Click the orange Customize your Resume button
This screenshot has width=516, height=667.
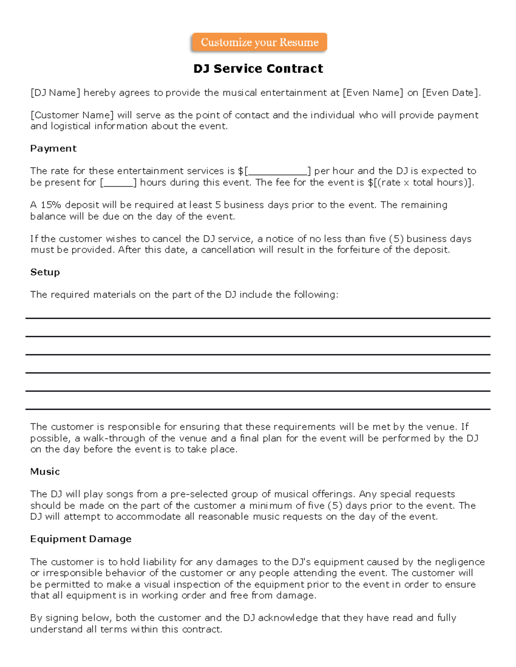259,42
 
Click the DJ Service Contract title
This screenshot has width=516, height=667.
258,69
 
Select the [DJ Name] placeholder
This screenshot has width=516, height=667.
55,93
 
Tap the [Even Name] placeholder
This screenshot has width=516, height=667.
373,93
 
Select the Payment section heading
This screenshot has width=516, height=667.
53,149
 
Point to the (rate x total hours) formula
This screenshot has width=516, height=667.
421,183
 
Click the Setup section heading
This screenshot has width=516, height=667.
45,272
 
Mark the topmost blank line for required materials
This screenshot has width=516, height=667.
258,318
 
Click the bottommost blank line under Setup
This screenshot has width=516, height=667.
258,409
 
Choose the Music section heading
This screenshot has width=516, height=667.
45,472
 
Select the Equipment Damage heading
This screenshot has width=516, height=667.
81,539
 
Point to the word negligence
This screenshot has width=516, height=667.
459,562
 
